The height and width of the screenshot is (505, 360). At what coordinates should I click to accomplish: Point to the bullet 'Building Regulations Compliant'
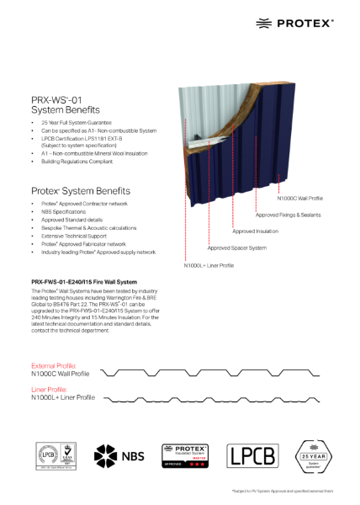click(74, 161)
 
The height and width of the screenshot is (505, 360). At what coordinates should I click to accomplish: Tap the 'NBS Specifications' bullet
click(61, 211)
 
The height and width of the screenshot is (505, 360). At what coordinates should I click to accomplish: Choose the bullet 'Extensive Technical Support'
click(71, 236)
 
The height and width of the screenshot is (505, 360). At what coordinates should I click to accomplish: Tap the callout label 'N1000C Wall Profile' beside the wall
click(300, 199)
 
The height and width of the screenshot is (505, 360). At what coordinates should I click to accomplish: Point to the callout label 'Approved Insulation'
click(255, 231)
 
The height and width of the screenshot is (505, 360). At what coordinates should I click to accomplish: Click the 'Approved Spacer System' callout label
click(236, 247)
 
